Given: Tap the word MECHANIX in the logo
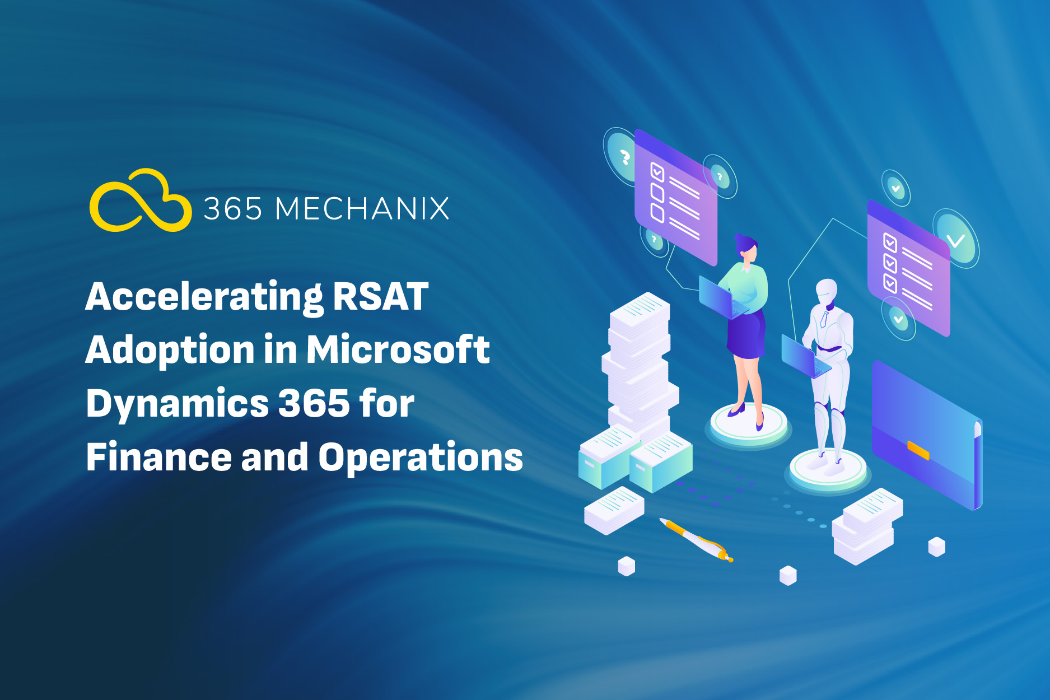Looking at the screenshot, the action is click(362, 209).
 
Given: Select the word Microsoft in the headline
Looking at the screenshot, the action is click(398, 349).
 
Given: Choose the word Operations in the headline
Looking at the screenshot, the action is click(421, 458).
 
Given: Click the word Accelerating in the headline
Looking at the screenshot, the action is click(204, 297).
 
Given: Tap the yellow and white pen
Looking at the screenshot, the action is click(696, 539).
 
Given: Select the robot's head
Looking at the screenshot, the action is click(826, 292).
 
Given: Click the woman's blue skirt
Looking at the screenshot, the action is click(746, 334).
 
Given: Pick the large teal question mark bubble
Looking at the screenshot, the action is click(621, 156).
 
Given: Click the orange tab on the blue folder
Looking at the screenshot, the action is click(918, 450).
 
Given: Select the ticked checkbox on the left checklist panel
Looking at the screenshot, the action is click(657, 172).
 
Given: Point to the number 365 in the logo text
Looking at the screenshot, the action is click(232, 209).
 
